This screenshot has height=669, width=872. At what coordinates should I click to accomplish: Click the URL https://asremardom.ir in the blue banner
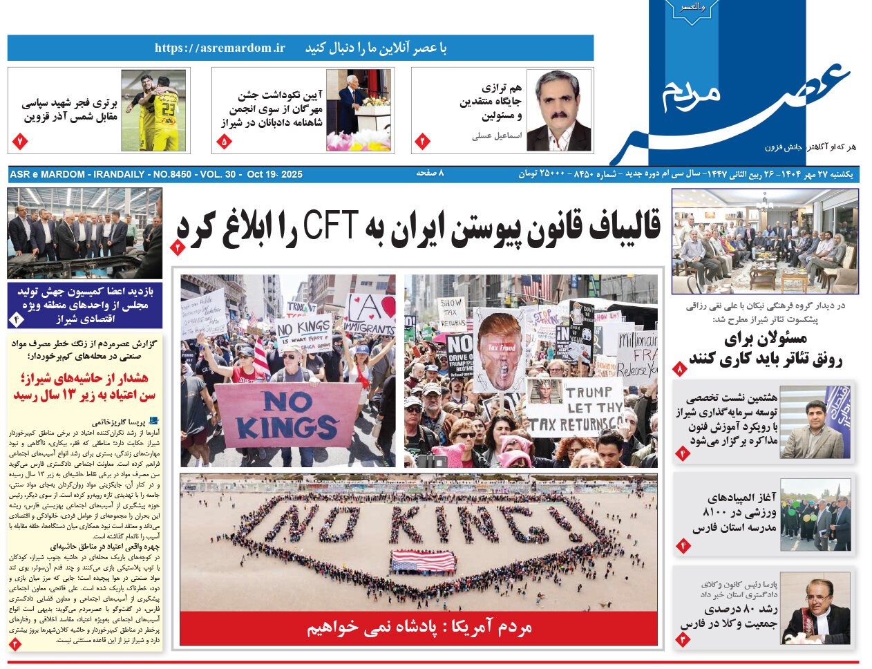coord(220,48)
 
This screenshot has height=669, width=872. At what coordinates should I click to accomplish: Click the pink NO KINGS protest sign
coord(287,415)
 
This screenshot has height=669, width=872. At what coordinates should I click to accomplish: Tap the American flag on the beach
coord(423,560)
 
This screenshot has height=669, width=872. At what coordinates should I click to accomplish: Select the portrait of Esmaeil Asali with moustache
coord(558,111)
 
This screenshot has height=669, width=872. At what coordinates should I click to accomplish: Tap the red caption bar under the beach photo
coord(419,628)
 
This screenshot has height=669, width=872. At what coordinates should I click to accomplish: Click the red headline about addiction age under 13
coord(84,387)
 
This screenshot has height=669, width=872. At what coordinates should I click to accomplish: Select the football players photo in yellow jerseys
coord(153,111)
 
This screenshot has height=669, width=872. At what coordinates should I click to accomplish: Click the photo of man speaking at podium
coord(358,111)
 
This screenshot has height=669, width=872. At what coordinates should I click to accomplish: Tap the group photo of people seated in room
coord(764,241)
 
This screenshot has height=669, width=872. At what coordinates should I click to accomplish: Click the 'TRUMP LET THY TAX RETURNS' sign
coord(574,408)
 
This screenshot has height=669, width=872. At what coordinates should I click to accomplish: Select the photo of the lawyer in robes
coord(815,612)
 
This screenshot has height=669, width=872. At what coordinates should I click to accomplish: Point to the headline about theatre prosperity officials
coord(766,349)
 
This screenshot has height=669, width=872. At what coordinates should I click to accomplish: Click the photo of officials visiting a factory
coord(84,233)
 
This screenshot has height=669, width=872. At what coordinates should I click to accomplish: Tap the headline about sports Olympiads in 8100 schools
coord(734,512)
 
